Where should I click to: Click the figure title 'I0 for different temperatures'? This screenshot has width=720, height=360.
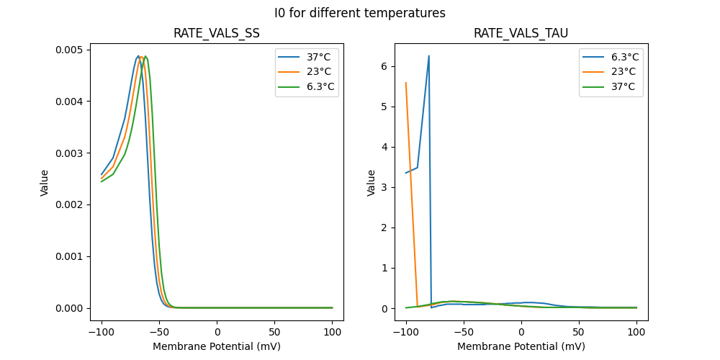click(359, 13)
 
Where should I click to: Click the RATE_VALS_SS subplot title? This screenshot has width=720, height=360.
click(217, 33)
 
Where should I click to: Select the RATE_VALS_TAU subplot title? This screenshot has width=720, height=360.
click(521, 33)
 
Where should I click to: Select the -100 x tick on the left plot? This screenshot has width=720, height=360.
click(102, 331)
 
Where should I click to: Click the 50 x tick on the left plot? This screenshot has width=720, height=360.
click(275, 331)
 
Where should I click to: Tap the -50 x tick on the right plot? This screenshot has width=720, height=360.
click(464, 331)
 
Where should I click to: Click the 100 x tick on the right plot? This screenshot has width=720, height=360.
click(636, 331)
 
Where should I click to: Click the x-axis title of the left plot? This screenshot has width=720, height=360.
click(217, 346)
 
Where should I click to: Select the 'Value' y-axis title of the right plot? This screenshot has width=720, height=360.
click(372, 182)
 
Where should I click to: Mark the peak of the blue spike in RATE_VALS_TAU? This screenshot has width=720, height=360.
click(429, 56)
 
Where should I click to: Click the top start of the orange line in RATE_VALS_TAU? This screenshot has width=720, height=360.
click(406, 83)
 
